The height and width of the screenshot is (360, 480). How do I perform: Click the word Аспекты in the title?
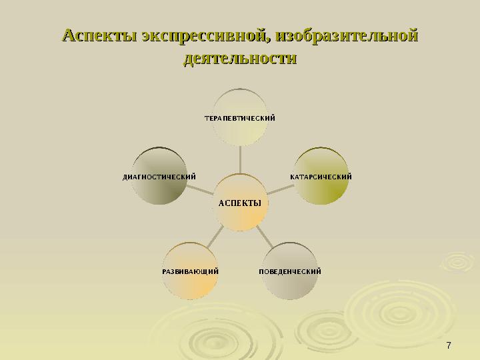pos(99,34)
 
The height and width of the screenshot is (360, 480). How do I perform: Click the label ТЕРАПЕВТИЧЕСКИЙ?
pos(240,118)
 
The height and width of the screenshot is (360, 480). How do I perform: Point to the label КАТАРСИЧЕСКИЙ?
pos(321,177)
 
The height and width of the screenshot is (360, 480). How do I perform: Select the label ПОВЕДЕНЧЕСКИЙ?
pos(291,271)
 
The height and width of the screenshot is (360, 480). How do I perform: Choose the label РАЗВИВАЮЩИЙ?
pos(191,271)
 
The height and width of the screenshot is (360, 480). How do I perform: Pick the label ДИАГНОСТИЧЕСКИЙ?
pos(159,177)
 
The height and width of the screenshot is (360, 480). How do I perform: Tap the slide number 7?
pos(449,345)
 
